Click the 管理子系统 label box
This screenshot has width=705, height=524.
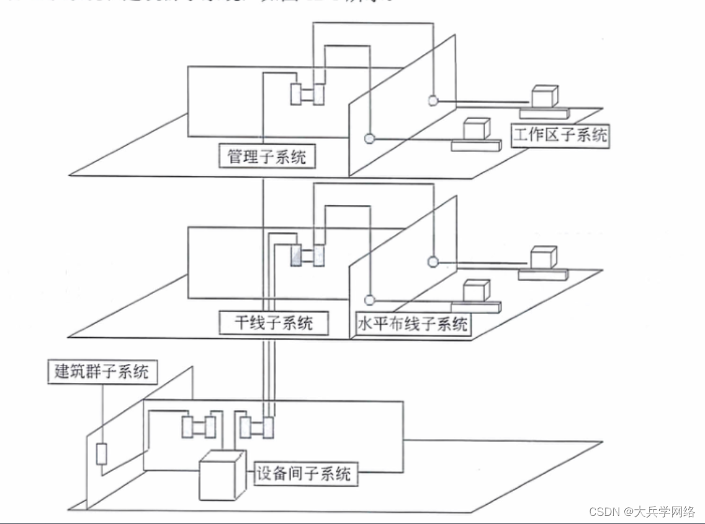[x=267, y=155]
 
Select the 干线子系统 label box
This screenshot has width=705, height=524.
[x=274, y=322]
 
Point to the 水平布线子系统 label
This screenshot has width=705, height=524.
[x=412, y=324]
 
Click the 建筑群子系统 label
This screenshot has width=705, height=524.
[x=102, y=372]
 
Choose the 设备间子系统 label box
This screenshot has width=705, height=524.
[x=304, y=474]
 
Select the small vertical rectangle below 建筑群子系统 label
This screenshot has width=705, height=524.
[x=102, y=454]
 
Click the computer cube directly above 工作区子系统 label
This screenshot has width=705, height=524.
[x=544, y=96]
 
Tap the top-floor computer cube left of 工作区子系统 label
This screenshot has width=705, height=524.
[x=477, y=128]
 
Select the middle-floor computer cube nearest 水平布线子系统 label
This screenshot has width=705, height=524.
[x=476, y=291]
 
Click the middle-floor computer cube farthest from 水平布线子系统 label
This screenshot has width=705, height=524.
[x=543, y=258]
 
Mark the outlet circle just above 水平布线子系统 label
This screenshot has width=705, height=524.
[x=370, y=300]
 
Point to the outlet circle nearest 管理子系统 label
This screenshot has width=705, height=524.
[x=370, y=138]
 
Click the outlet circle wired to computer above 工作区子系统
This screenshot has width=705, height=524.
[x=433, y=100]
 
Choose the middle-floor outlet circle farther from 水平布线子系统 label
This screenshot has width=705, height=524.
[x=432, y=261]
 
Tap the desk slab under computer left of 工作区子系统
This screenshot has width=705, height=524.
[x=476, y=145]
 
